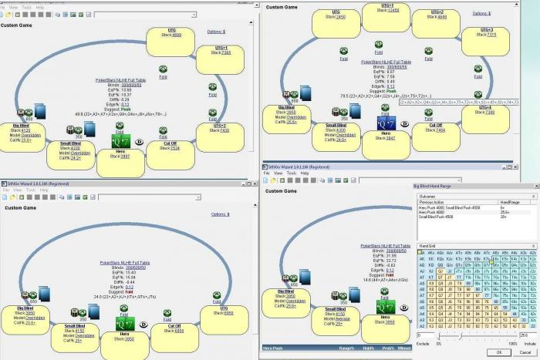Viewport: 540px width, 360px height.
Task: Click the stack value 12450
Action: (x=393, y=11)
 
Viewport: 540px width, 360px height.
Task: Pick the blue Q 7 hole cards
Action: (x=386, y=123)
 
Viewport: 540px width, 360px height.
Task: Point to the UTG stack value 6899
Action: (x=176, y=35)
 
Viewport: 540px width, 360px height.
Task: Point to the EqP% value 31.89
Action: (x=392, y=255)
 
